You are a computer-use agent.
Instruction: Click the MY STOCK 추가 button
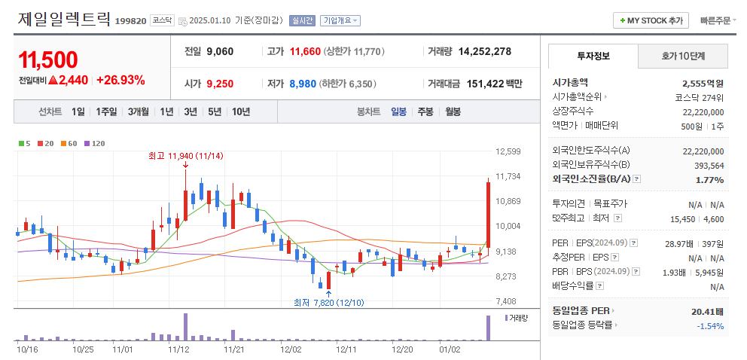click(651, 20)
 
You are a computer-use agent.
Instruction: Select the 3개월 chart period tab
click(139, 111)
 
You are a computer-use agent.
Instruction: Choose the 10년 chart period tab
click(241, 111)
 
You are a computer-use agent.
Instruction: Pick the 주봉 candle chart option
click(425, 111)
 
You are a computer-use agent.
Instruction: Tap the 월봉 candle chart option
click(453, 111)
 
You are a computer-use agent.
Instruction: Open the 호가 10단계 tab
click(683, 56)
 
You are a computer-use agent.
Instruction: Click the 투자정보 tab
click(593, 56)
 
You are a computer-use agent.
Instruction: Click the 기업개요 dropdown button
click(340, 21)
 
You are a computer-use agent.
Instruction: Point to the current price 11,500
click(48, 59)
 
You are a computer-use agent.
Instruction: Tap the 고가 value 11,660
click(305, 52)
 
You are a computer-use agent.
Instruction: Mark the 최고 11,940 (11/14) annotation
click(185, 156)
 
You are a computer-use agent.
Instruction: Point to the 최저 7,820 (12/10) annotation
click(328, 302)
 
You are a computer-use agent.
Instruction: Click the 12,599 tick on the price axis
click(509, 151)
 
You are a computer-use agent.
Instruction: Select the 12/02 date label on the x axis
click(291, 349)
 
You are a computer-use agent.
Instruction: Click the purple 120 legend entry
click(95, 143)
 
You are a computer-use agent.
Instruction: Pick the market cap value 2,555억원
click(703, 83)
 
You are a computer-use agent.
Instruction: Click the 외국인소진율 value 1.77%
click(709, 179)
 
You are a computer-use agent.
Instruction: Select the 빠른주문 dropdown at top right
click(718, 20)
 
